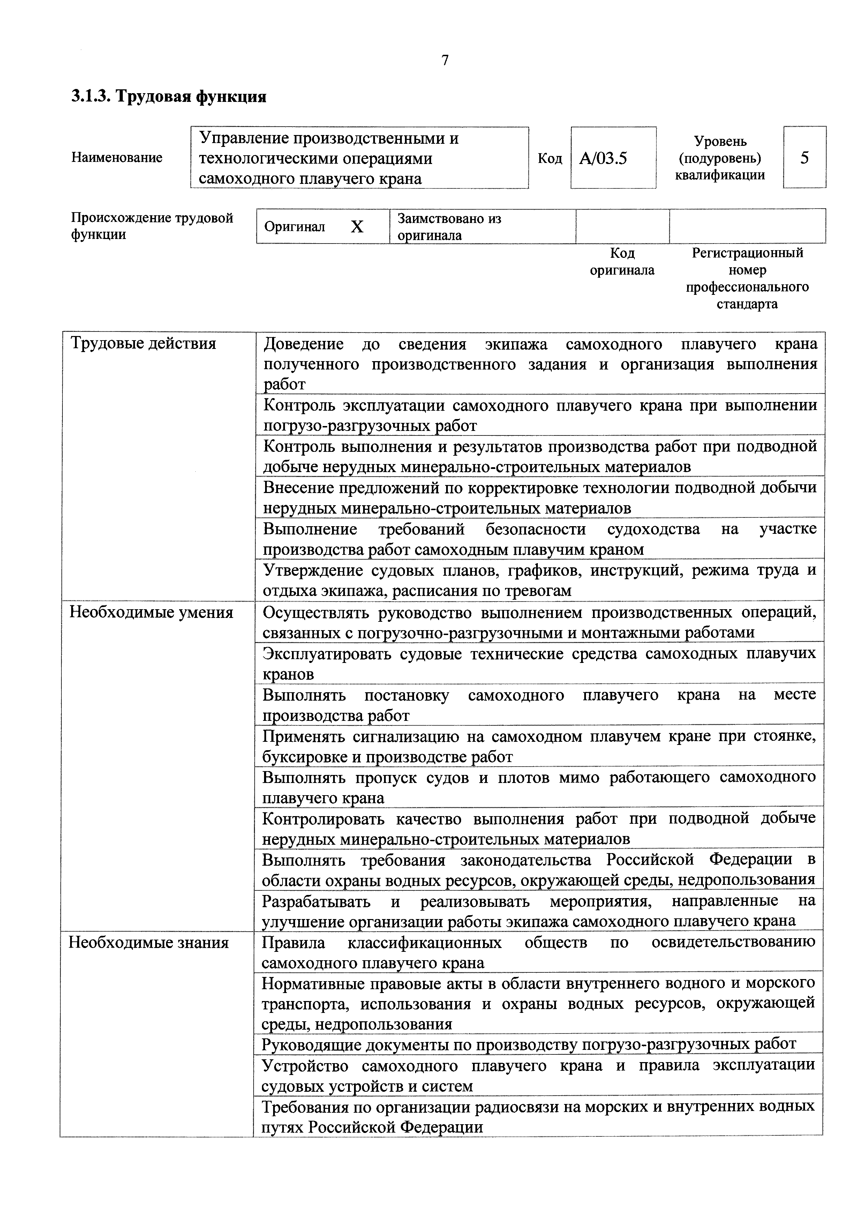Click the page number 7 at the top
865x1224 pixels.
coord(445,60)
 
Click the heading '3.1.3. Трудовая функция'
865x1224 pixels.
coord(168,97)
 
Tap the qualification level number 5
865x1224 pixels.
coord(804,157)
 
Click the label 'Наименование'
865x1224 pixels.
coord(117,157)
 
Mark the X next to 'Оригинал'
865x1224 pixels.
coord(356,227)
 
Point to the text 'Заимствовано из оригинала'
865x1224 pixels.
coord(449,226)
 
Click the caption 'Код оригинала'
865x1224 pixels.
coord(622,261)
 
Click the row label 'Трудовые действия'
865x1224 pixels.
coord(143,343)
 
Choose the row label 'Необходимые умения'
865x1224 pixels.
coord(151,613)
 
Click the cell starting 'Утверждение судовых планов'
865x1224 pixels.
coord(539,580)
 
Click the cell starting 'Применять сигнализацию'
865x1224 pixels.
coord(538,746)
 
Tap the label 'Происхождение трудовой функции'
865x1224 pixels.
coord(152,226)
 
